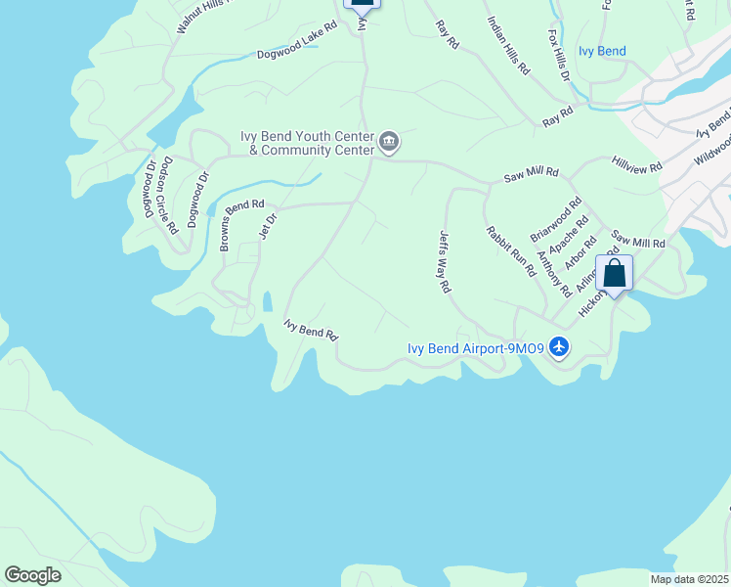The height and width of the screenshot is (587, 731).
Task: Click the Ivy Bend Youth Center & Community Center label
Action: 308,143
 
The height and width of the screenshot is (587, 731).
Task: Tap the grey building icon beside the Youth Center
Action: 389,143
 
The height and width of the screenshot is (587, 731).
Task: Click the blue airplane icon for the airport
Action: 559,347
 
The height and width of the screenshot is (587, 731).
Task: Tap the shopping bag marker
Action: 615,273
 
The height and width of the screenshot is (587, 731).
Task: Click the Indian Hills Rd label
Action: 507,46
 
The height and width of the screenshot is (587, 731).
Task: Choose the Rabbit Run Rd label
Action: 510,250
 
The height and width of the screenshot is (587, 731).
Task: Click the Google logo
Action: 33,575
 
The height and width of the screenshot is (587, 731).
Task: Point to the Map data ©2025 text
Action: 689,579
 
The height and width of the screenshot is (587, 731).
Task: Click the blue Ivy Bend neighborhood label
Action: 602,51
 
